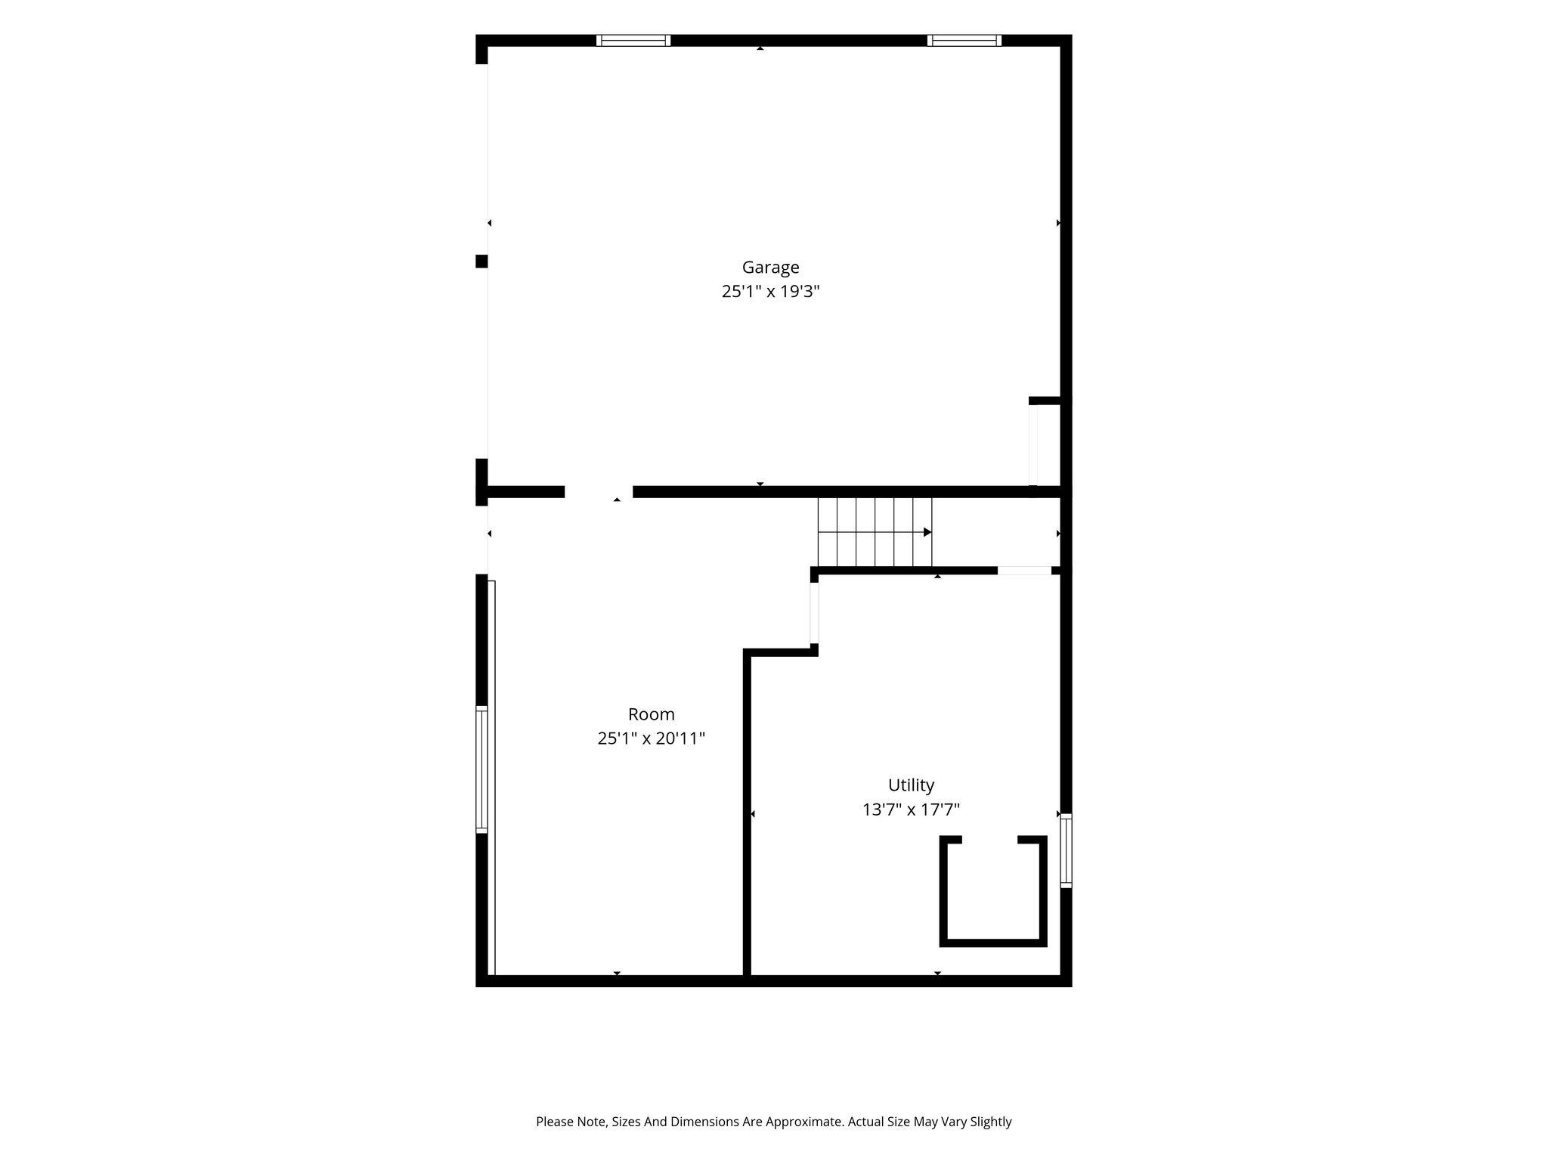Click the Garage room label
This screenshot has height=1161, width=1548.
click(770, 267)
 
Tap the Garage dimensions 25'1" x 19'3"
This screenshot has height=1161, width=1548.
click(770, 291)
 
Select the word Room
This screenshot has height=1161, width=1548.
click(651, 714)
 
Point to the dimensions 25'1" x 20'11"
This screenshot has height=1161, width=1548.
click(651, 738)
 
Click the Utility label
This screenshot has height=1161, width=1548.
click(911, 785)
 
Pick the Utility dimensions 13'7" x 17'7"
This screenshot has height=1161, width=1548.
click(911, 810)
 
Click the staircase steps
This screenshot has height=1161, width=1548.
click(875, 532)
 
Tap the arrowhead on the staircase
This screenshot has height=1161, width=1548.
click(927, 532)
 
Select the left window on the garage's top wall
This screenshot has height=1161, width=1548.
click(633, 41)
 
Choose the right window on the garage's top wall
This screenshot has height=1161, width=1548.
click(964, 41)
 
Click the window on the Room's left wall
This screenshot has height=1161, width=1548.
click(481, 769)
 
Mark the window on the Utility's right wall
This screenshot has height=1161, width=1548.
click(1066, 850)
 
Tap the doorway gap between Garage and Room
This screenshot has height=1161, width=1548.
click(599, 492)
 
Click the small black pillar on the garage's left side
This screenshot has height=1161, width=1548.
click(481, 262)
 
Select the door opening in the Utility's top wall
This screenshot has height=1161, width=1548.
click(1024, 571)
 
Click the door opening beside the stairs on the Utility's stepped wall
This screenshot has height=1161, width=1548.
click(814, 612)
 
